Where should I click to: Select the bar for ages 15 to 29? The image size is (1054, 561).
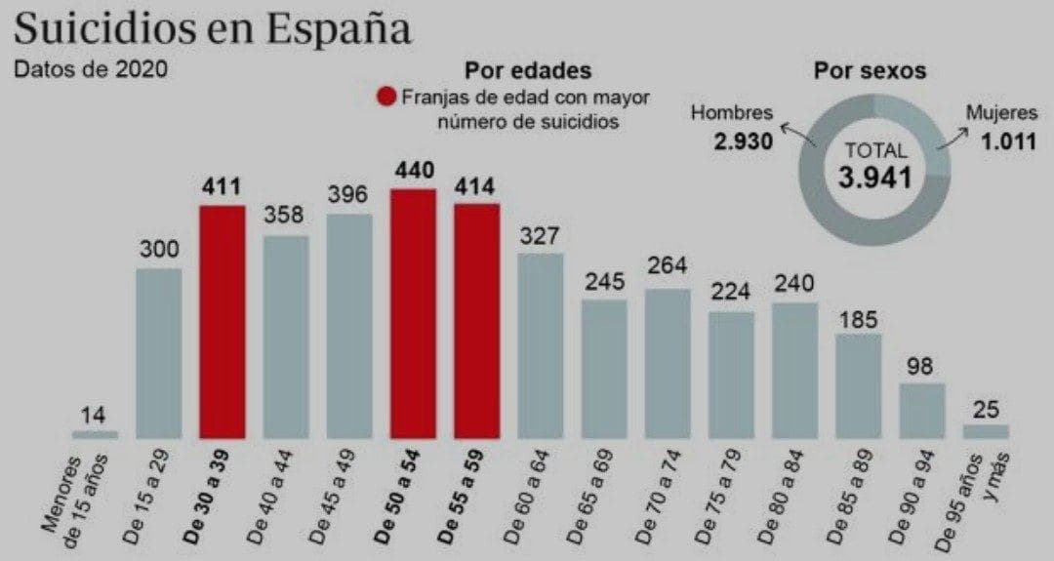158,352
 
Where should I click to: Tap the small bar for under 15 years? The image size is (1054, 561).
95,433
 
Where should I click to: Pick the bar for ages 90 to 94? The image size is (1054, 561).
921,410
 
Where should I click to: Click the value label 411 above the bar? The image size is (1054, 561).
223,186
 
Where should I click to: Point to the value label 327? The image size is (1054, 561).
540,235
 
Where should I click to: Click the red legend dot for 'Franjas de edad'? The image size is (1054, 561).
386,98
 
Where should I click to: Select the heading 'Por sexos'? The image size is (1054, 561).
870,71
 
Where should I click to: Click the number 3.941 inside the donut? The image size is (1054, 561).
874,177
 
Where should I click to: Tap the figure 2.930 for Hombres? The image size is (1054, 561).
743,141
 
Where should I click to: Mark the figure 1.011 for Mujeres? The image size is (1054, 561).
1008,141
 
